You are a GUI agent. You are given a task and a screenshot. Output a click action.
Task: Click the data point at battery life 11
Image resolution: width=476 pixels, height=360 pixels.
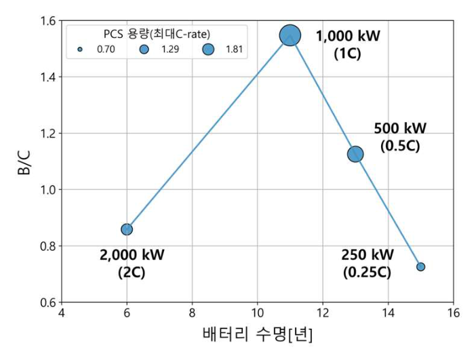pyautogui.click(x=290, y=35)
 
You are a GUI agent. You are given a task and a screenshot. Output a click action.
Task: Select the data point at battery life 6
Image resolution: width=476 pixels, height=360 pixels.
pyautogui.click(x=127, y=229)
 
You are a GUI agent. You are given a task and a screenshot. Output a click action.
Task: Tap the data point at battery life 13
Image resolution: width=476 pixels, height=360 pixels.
pyautogui.click(x=355, y=154)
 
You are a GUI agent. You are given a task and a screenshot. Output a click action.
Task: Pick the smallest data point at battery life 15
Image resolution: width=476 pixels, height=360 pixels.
pyautogui.click(x=420, y=266)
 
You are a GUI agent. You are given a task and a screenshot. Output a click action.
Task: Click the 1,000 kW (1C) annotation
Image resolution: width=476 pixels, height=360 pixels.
pyautogui.click(x=348, y=44)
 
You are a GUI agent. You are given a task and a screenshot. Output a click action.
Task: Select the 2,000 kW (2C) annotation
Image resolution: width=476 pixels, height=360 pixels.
pyautogui.click(x=132, y=264)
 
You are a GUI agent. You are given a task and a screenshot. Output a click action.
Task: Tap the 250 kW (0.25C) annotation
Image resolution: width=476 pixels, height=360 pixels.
pyautogui.click(x=367, y=264)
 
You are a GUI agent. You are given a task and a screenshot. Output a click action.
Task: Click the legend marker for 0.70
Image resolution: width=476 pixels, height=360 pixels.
pyautogui.click(x=80, y=49)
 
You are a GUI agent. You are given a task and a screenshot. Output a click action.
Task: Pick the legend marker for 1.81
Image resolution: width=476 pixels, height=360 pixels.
pyautogui.click(x=207, y=49)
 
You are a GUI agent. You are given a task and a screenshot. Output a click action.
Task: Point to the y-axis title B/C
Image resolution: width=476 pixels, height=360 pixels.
pyautogui.click(x=23, y=162)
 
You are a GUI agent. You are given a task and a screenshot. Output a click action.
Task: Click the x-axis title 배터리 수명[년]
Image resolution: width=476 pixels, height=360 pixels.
pyautogui.click(x=258, y=335)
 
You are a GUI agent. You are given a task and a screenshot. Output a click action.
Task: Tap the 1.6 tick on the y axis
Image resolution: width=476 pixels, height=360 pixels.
pyautogui.click(x=48, y=21)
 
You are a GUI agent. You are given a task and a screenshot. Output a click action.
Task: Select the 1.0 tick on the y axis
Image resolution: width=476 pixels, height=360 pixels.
pyautogui.click(x=48, y=190)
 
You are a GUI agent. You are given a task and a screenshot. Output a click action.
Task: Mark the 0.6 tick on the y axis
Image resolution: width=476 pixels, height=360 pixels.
pyautogui.click(x=48, y=302)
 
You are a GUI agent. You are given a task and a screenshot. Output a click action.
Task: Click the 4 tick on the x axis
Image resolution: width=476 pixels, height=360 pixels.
pyautogui.click(x=62, y=313)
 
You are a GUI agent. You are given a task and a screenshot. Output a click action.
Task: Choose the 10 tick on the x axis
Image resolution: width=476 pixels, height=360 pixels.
pyautogui.click(x=258, y=313)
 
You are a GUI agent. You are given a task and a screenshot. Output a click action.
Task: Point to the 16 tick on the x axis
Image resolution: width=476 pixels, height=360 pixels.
pyautogui.click(x=453, y=313)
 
